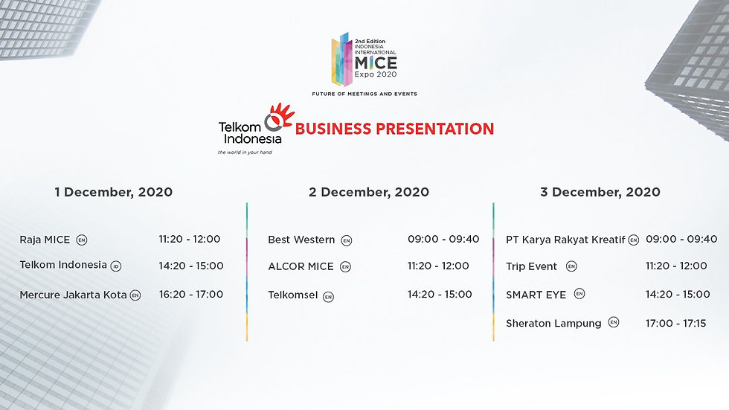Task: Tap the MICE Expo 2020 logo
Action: click(x=364, y=60)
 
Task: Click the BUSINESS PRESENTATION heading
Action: click(x=394, y=129)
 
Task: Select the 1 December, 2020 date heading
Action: click(x=113, y=192)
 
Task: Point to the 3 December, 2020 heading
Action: click(x=600, y=192)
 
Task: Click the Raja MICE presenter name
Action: click(x=45, y=240)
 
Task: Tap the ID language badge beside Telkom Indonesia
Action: click(x=116, y=266)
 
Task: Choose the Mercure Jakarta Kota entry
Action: click(x=73, y=295)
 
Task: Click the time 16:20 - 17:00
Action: click(x=191, y=294)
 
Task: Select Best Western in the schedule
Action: click(x=301, y=240)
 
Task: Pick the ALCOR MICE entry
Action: click(x=301, y=267)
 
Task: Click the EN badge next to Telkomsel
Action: click(x=328, y=297)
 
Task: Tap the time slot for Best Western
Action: click(x=443, y=239)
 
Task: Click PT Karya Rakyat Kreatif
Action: click(x=565, y=240)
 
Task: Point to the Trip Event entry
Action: click(x=531, y=267)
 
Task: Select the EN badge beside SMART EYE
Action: click(x=579, y=294)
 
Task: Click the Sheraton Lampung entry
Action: click(x=553, y=324)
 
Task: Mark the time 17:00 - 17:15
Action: click(x=676, y=323)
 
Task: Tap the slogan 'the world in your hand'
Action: click(x=245, y=153)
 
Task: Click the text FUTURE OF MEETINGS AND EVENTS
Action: click(x=364, y=94)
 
